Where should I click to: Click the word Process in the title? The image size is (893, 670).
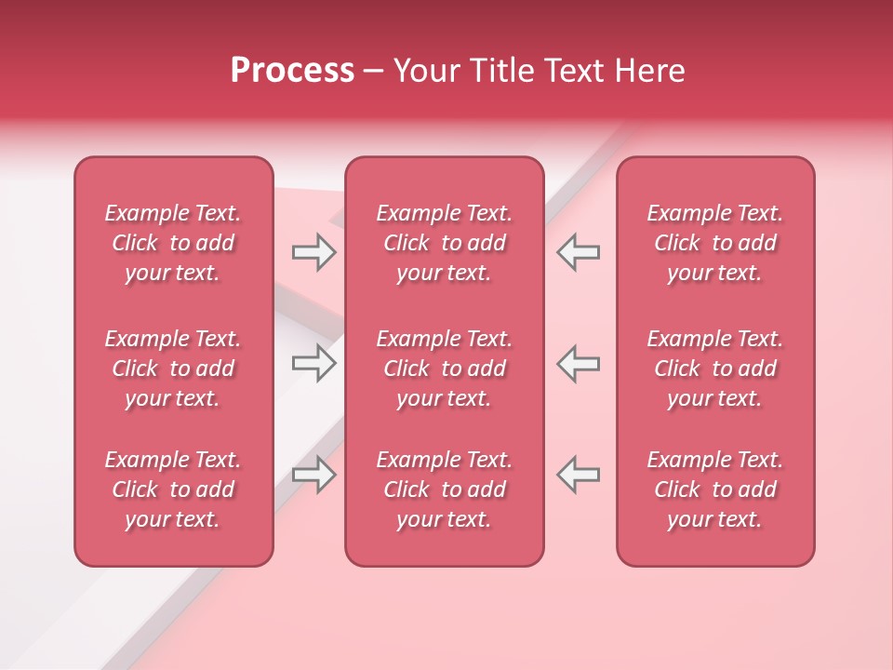292,71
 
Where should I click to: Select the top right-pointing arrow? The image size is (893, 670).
313,252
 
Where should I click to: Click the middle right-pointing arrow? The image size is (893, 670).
313,363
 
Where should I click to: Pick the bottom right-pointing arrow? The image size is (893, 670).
313,474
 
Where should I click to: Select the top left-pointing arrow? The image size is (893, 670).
579,252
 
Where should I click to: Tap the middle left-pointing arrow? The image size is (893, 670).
579,363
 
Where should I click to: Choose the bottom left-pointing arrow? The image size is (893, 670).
579,474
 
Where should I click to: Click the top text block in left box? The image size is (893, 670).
173,243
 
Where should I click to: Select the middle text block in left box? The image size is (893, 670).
173,368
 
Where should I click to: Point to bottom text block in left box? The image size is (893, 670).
173,489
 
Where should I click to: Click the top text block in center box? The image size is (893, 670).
444,243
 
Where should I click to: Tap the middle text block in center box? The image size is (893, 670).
444,368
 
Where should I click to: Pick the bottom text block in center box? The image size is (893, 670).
444,489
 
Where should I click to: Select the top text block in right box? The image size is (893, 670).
714,243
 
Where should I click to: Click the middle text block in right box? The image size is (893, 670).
714,368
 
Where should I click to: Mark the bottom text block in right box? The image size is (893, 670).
714,489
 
